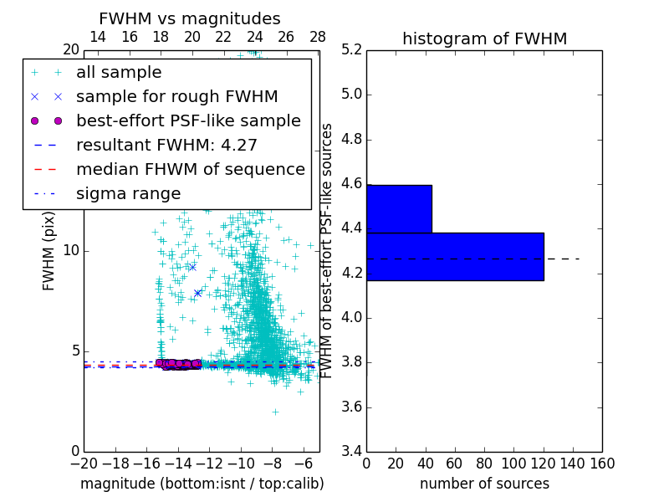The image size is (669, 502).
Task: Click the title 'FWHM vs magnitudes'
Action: point(190,18)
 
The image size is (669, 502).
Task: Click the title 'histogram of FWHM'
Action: point(484,38)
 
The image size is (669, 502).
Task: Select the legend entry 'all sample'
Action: point(119,73)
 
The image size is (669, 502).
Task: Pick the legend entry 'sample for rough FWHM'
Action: point(176,96)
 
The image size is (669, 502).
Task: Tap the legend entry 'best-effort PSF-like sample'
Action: point(188,120)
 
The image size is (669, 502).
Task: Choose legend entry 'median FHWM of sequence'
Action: point(190,169)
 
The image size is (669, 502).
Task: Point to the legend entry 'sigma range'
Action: point(128,193)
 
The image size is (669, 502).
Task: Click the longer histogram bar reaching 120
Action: point(455,256)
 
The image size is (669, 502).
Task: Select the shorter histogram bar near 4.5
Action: point(399,208)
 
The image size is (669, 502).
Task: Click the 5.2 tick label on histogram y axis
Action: point(352,49)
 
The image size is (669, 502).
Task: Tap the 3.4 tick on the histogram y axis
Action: point(352,452)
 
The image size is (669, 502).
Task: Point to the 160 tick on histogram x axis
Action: point(601,464)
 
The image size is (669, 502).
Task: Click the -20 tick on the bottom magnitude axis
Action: point(84,464)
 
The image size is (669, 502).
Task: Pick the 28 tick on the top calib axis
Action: point(318,37)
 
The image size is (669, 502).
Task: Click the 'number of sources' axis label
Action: point(484,484)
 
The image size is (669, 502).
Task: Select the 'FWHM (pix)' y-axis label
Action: point(49,249)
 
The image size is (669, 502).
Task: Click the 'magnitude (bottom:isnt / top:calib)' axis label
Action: point(202,484)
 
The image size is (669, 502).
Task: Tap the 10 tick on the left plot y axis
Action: point(71,251)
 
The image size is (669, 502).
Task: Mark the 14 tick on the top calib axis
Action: point(97,37)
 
